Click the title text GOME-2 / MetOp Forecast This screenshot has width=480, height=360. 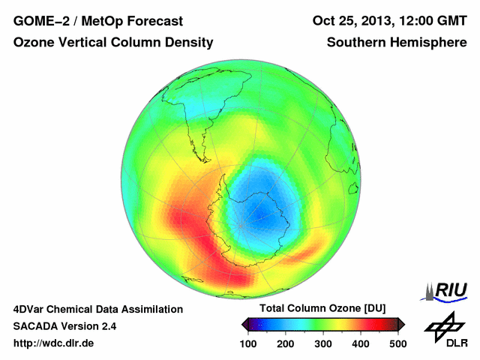click(88, 21)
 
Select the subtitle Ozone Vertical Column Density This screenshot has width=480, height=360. click(112, 43)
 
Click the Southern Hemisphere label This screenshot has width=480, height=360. click(397, 43)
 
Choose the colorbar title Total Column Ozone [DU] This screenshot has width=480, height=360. click(322, 309)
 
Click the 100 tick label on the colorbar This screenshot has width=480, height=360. click(248, 343)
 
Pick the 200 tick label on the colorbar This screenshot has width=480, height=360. click(286, 343)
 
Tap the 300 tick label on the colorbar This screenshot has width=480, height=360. click(323, 343)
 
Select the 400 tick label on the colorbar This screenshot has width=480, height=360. click(360, 343)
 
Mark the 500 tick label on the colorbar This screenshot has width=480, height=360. click(397, 343)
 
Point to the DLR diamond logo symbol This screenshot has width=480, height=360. click(443, 324)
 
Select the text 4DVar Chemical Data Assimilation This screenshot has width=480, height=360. click(97, 309)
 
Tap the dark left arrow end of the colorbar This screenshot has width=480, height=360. click(245, 324)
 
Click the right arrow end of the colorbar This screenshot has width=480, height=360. click(401, 324)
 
